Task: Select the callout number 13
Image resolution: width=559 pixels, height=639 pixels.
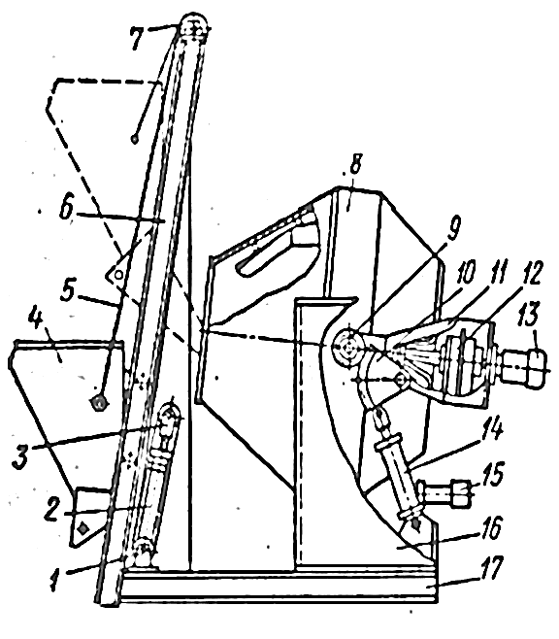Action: (529, 315)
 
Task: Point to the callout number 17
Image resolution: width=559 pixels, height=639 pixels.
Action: (492, 568)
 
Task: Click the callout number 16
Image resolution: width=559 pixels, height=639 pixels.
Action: (491, 528)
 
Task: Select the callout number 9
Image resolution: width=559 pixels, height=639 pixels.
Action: (453, 227)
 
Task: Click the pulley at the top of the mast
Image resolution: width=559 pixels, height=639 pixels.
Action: (194, 29)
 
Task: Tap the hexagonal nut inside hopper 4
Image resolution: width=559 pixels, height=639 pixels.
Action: (99, 403)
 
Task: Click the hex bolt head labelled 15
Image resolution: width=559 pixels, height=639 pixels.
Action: (460, 493)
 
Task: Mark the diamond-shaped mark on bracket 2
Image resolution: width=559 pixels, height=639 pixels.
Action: (83, 528)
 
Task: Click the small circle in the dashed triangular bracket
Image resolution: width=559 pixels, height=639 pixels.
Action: (118, 275)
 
